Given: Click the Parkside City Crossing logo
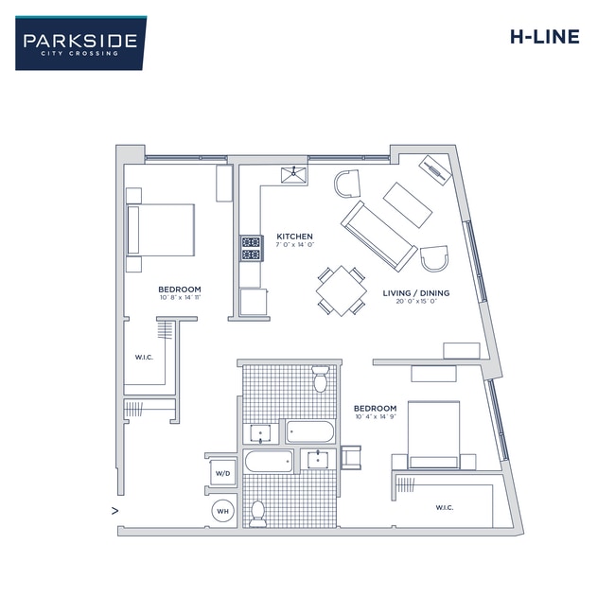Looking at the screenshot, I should coord(80,43).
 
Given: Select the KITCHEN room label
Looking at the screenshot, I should coord(294,236).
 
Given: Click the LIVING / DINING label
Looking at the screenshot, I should coord(415,293).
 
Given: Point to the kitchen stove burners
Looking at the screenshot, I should coord(251,248).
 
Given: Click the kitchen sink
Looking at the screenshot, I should coord(293,173).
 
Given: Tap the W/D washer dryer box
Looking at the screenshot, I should coord(222,472).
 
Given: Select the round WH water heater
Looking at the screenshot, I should coord(223,511).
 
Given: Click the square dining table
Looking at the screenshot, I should coord(342,290).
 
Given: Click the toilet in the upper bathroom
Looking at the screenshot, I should coord(321,379).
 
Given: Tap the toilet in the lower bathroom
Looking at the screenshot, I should coord(257,510).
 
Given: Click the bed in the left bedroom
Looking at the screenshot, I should coord(162,230).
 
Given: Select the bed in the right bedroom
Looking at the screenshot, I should coord(434,434).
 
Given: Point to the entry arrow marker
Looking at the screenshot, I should coord(114,511).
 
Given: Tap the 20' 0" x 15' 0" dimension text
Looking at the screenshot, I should coord(415,303).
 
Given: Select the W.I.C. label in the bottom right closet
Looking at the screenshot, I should coord(444,508).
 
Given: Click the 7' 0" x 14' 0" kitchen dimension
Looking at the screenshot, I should coord(294,245).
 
